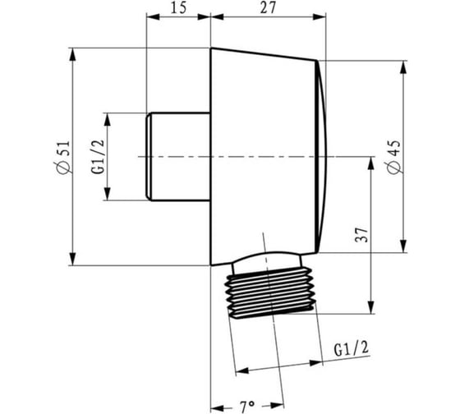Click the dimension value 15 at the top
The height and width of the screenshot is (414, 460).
[179, 8]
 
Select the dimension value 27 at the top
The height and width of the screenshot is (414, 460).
[268, 8]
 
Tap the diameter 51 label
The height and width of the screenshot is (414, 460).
[64, 158]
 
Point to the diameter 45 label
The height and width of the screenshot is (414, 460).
[393, 157]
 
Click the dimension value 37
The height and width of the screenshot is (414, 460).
[361, 235]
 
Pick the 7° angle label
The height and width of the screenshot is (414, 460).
[247, 407]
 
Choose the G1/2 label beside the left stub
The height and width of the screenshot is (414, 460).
[99, 157]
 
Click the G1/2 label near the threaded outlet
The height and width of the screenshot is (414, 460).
[352, 348]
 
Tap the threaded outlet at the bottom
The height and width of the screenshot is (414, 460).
[269, 292]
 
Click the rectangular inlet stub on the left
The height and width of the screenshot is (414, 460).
[178, 157]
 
